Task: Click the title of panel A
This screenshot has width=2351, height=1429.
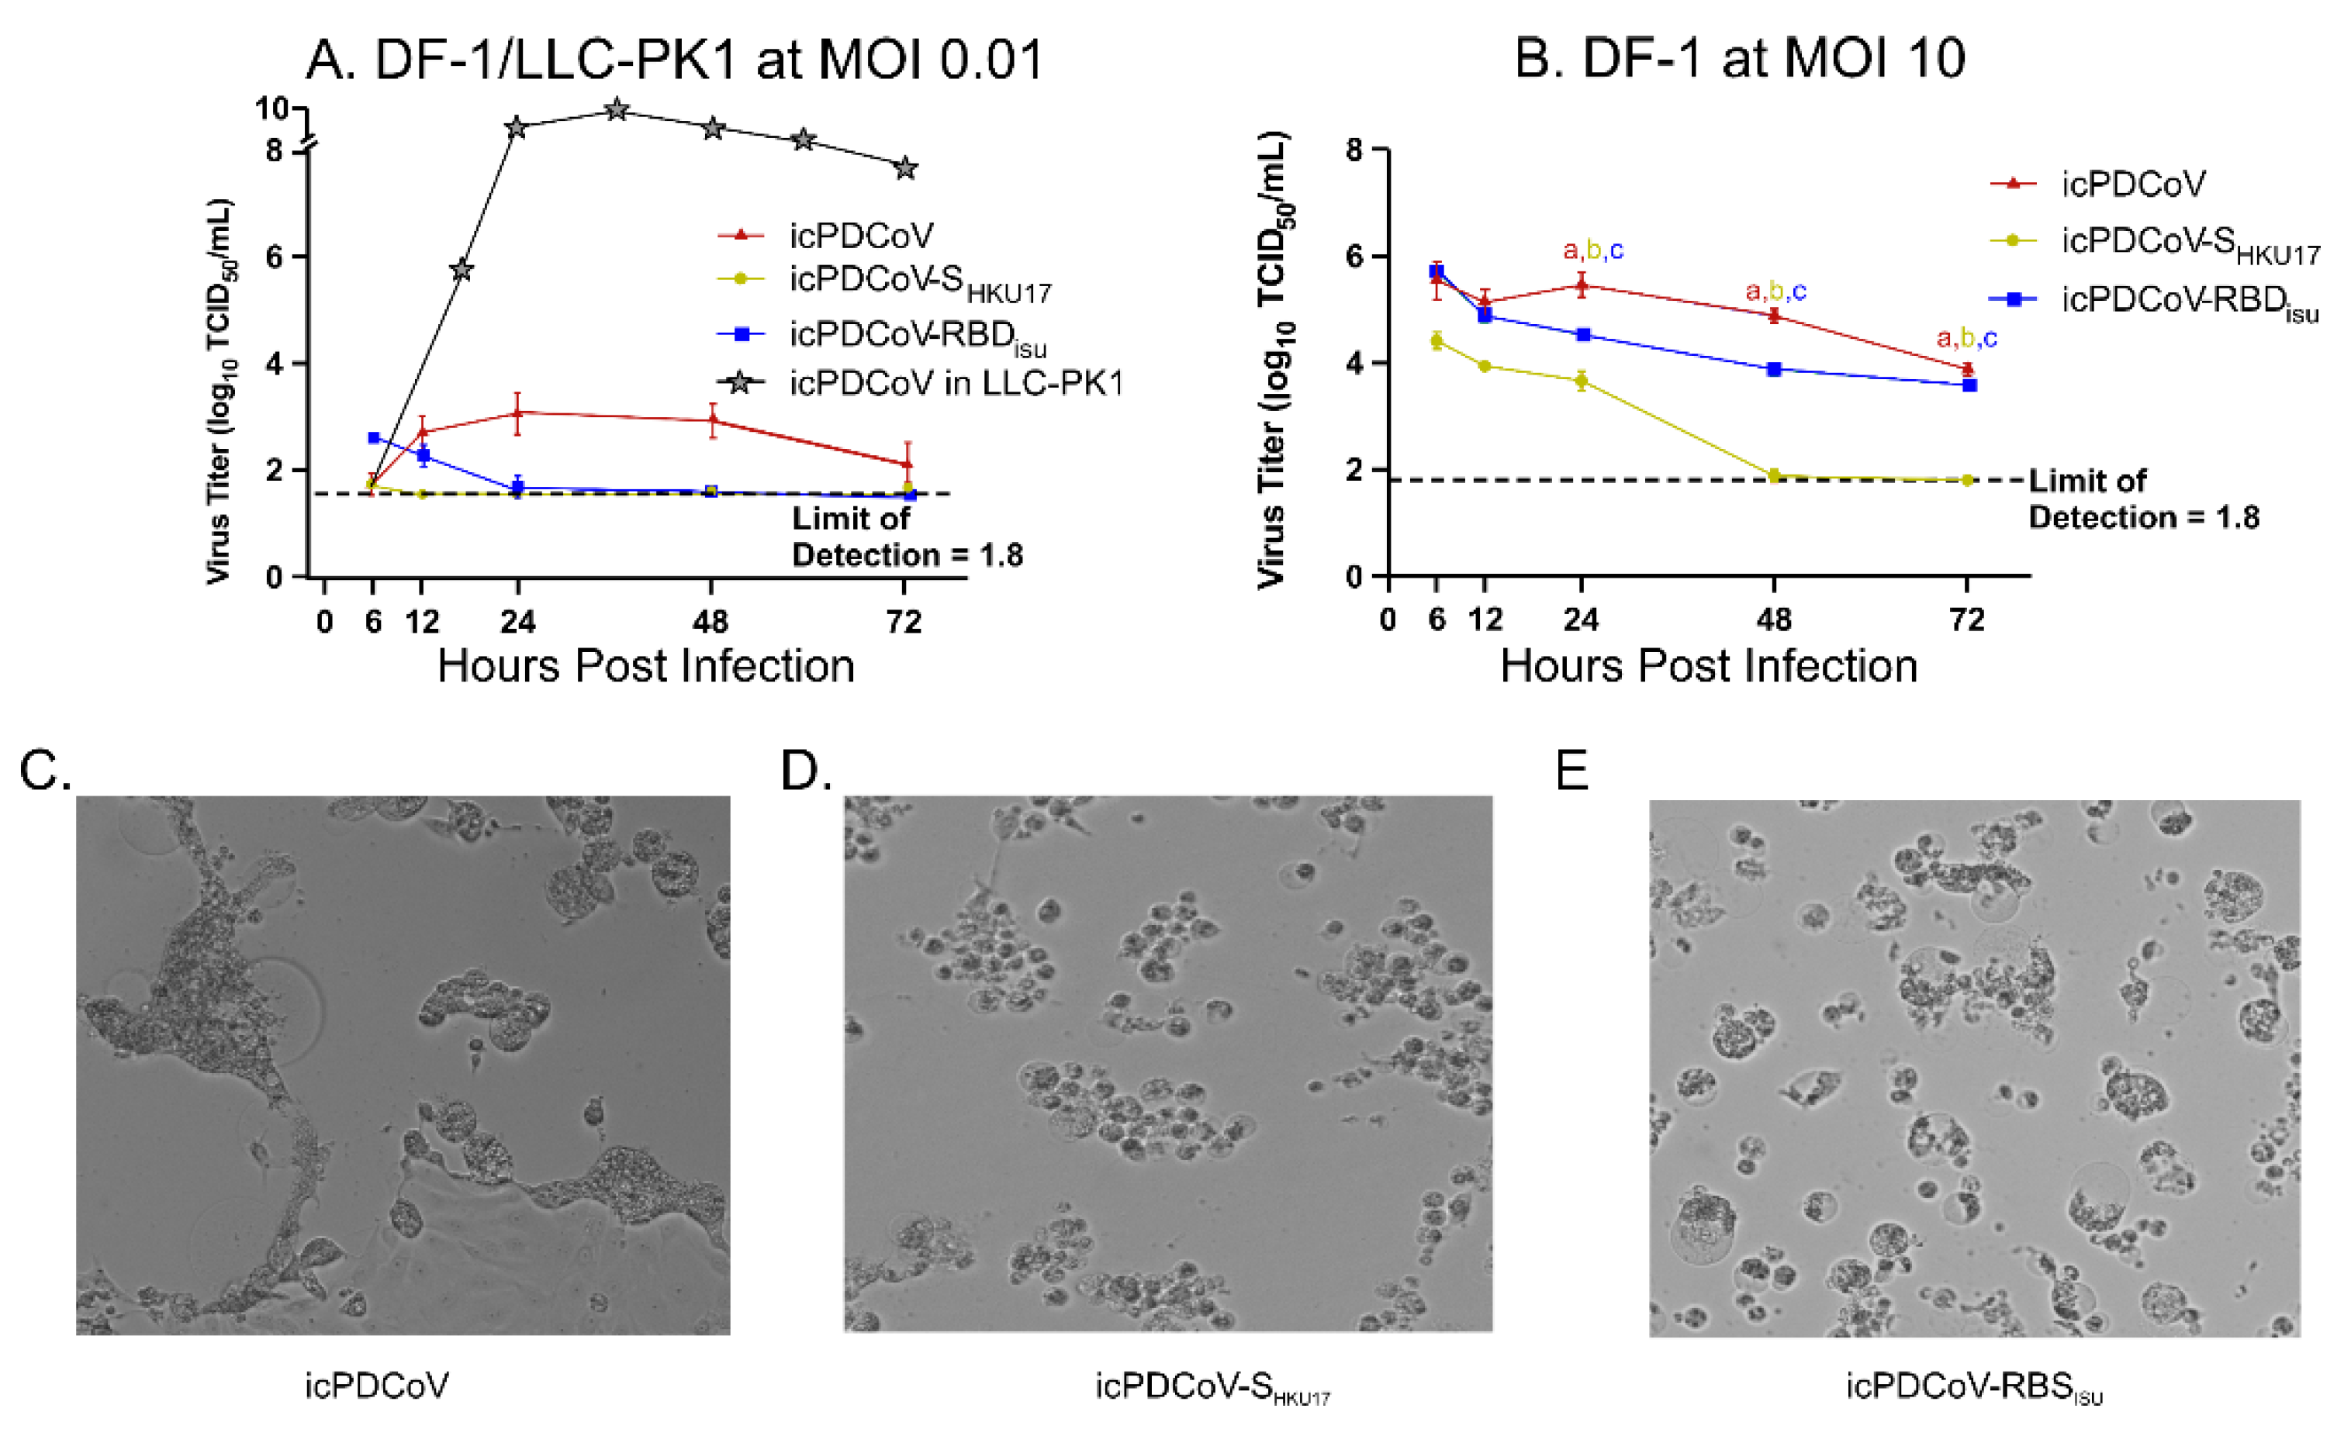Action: (675, 59)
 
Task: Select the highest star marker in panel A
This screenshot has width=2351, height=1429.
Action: (617, 111)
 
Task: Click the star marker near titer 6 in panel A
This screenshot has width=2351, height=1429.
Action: (461, 270)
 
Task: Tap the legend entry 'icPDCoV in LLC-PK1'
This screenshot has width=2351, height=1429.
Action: (954, 384)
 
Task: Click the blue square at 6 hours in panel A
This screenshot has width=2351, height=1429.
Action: (374, 438)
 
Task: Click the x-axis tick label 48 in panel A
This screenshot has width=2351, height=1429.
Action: (710, 623)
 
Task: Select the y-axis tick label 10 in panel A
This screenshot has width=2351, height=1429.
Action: (271, 109)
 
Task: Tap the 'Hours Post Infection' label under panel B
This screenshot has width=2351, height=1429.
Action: (1708, 666)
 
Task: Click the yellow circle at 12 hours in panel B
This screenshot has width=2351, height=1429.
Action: (1485, 366)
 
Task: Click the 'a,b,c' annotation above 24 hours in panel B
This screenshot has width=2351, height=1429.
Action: (1592, 251)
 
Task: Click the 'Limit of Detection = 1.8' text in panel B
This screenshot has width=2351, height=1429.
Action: (2142, 499)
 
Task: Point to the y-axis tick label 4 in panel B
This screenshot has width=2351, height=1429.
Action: (1353, 364)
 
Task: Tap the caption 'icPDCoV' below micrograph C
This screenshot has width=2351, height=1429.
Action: (377, 1385)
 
